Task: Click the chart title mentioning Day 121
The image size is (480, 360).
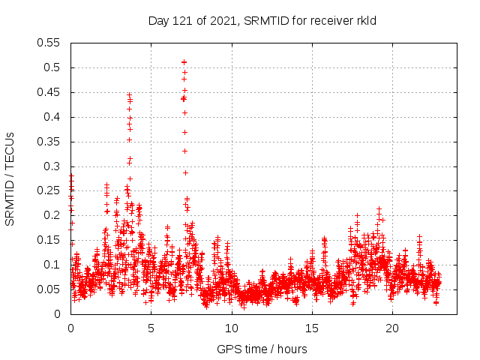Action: click(x=262, y=21)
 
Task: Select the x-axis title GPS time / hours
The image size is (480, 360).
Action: click(x=262, y=349)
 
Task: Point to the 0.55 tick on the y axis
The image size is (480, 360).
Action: click(x=49, y=43)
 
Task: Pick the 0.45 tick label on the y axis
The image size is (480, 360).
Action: click(x=49, y=92)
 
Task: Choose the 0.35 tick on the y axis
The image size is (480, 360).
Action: click(x=49, y=142)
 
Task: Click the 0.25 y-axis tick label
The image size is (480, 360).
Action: click(x=49, y=190)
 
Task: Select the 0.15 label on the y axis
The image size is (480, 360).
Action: click(x=49, y=240)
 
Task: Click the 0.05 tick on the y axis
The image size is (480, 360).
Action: click(x=49, y=289)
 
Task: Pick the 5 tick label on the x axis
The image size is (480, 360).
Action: click(x=151, y=328)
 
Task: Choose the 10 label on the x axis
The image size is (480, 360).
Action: click(x=231, y=328)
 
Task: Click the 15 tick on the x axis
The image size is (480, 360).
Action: click(x=311, y=328)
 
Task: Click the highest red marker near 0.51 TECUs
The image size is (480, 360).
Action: click(x=184, y=62)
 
